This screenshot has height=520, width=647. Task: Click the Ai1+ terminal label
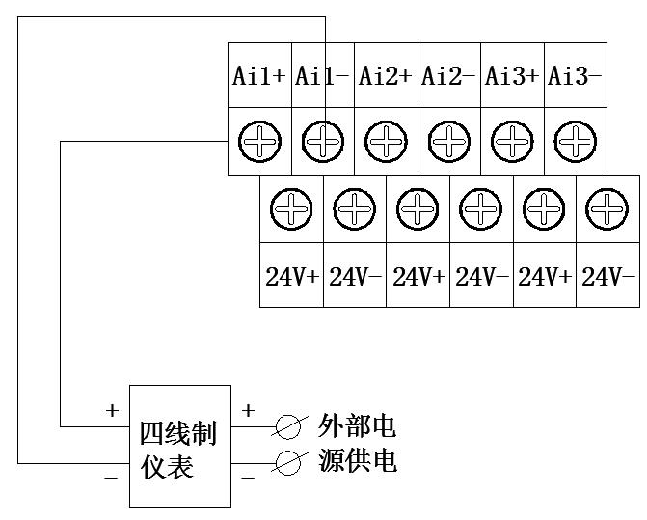tap(259, 76)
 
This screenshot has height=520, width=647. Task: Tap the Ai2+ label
tap(386, 76)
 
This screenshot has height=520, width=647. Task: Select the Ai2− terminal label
tap(448, 76)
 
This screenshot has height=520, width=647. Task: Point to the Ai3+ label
tap(512, 76)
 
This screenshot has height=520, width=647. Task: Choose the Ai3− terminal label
tap(575, 76)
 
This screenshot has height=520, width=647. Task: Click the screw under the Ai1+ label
tap(259, 142)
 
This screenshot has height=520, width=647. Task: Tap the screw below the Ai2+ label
tap(386, 142)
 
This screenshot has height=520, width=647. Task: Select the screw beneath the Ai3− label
tap(576, 142)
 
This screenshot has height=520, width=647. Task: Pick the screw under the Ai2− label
tap(449, 142)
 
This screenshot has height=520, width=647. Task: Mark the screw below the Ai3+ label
tap(512, 142)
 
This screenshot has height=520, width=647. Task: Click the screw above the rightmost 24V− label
tap(607, 209)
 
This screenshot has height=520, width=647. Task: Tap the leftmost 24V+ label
tap(292, 277)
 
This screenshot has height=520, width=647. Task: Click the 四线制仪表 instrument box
tap(180, 447)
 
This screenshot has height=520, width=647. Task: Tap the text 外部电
tap(358, 425)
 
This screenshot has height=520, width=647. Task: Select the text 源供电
tap(358, 460)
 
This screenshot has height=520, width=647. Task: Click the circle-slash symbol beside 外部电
tap(288, 426)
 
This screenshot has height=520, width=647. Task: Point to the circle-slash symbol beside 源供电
tap(288, 463)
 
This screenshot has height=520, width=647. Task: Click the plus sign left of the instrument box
tap(112, 411)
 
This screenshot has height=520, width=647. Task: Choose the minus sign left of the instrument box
tap(112, 478)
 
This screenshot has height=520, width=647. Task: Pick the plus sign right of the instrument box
tap(248, 410)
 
